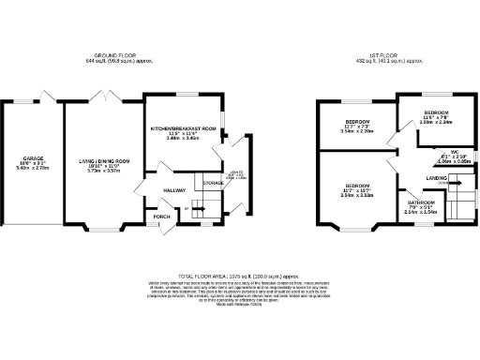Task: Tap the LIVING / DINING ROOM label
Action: click(103, 161)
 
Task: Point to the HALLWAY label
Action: click(175, 190)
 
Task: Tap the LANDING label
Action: click(437, 177)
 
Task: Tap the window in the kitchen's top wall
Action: click(184, 95)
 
